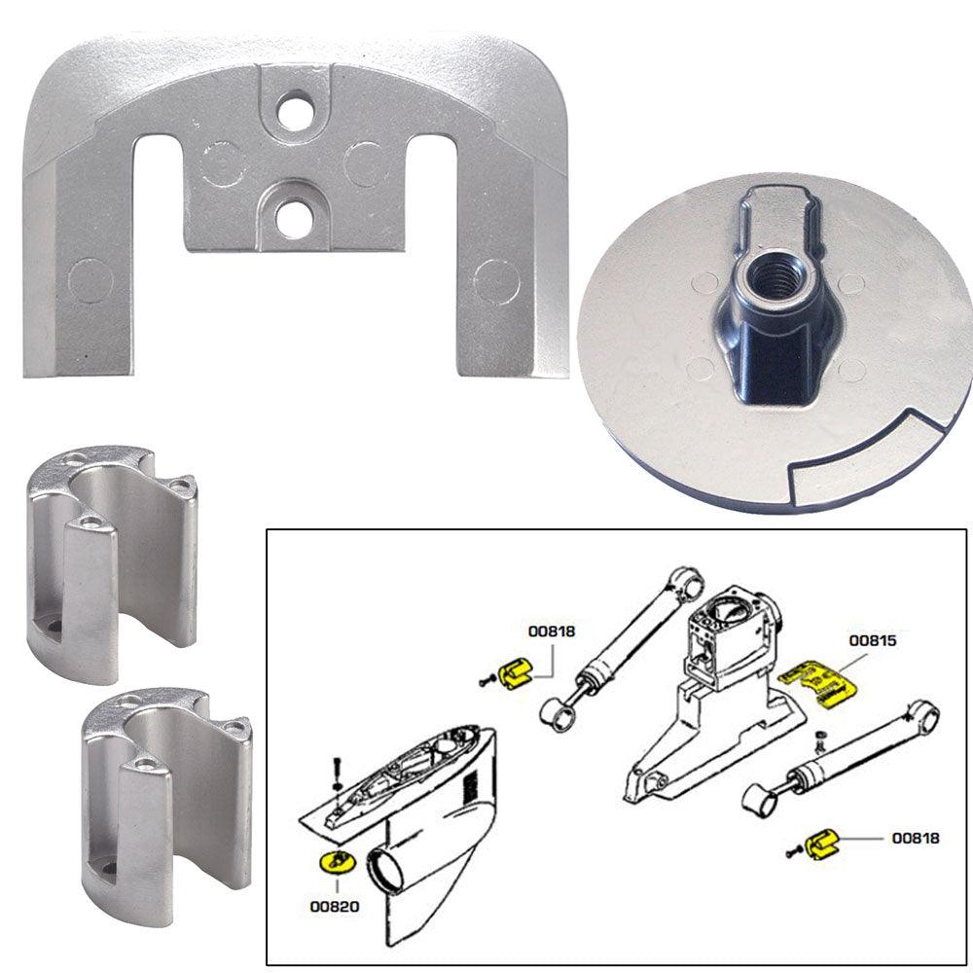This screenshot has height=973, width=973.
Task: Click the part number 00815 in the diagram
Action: [x=872, y=640]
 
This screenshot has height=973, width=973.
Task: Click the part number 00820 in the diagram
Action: [x=335, y=906]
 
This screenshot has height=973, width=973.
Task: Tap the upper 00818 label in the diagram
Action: [x=552, y=631]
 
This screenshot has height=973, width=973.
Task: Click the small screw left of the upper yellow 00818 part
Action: [x=486, y=681]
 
